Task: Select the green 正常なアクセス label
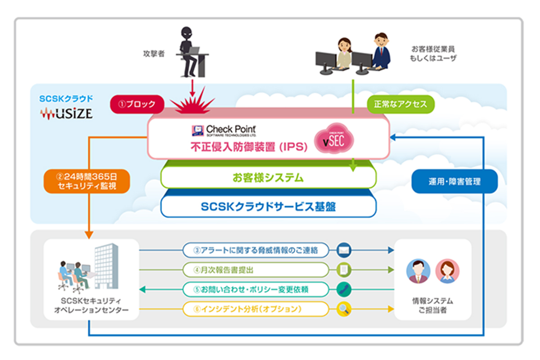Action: (x=400, y=104)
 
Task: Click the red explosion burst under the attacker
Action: (x=193, y=105)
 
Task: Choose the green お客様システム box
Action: (x=268, y=178)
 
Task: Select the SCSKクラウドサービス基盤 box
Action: (x=268, y=207)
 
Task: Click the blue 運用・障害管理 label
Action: (x=454, y=182)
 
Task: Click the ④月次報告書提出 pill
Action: (x=255, y=270)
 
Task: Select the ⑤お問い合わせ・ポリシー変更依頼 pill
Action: (x=255, y=289)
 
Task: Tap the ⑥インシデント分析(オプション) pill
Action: (x=255, y=309)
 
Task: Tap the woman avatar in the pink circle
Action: (x=447, y=271)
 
